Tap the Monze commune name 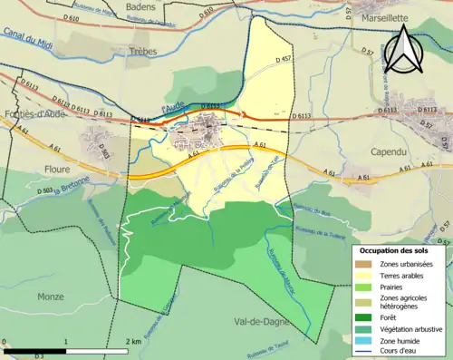51,296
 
